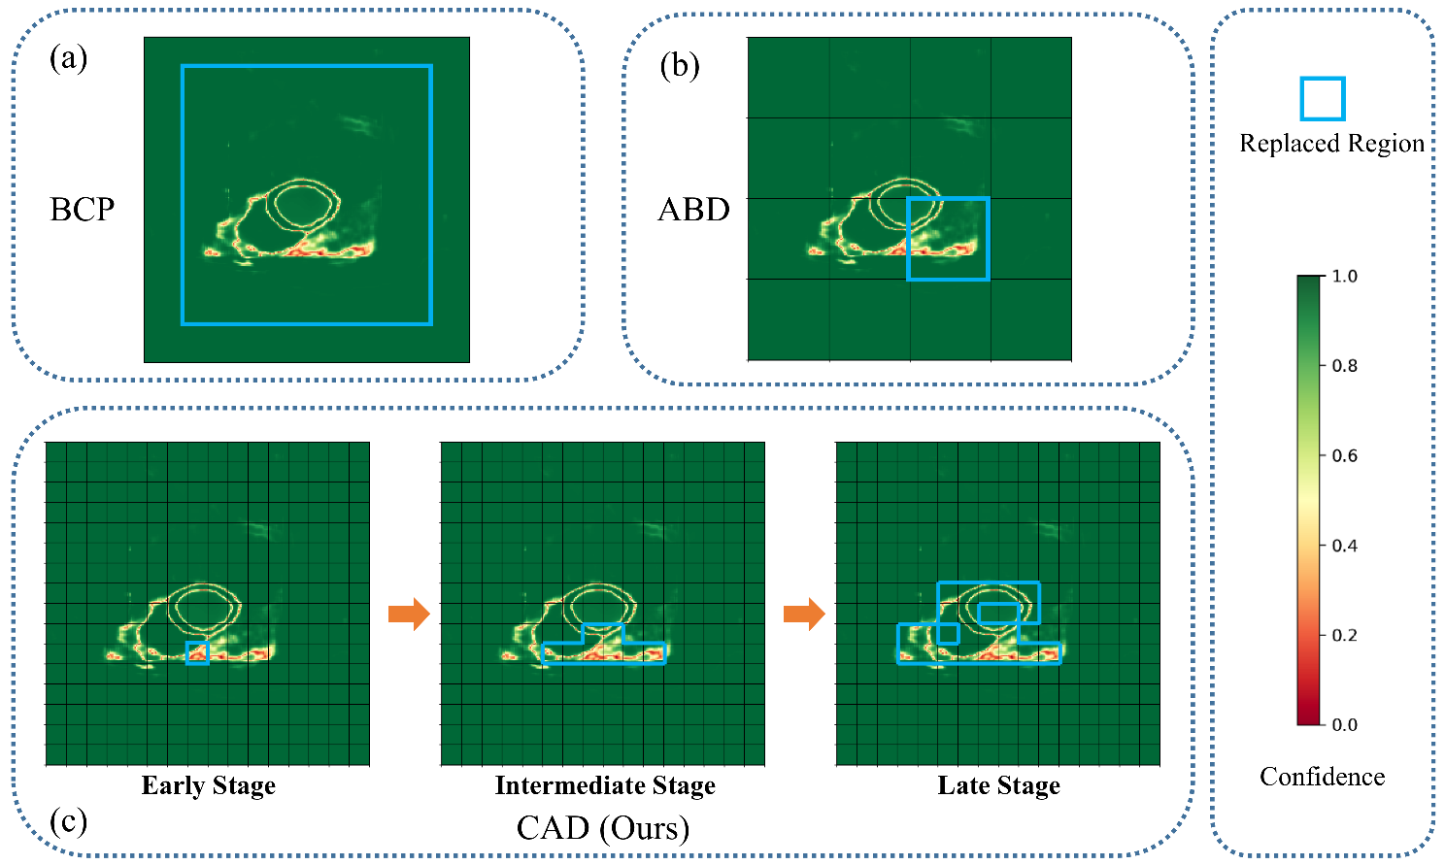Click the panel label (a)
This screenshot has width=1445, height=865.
tap(68, 59)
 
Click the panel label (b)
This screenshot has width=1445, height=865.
tap(680, 66)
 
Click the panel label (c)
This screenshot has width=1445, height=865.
tap(68, 821)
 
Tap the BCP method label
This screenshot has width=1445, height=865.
tap(83, 210)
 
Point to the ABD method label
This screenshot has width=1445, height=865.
tap(693, 210)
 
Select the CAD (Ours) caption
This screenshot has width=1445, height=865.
tap(603, 828)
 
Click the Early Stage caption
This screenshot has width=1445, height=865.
tap(209, 785)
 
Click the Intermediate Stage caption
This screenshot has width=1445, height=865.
tap(605, 785)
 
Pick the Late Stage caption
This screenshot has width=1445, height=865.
tap(998, 785)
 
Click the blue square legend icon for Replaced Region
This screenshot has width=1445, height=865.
tap(1323, 99)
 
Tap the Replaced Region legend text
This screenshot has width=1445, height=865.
tap(1331, 144)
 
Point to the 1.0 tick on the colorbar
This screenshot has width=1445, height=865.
tap(1344, 277)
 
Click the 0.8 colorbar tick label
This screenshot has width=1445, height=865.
tap(1344, 366)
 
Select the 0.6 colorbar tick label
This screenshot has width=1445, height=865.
tap(1344, 456)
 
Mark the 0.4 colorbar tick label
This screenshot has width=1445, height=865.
tap(1344, 546)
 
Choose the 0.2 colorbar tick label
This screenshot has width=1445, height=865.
tap(1344, 635)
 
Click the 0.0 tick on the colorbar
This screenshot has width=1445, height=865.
tap(1344, 724)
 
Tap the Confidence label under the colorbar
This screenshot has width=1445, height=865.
tap(1322, 777)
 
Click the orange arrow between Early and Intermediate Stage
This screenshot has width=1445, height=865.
tap(409, 614)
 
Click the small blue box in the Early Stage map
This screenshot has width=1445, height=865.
tap(197, 652)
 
